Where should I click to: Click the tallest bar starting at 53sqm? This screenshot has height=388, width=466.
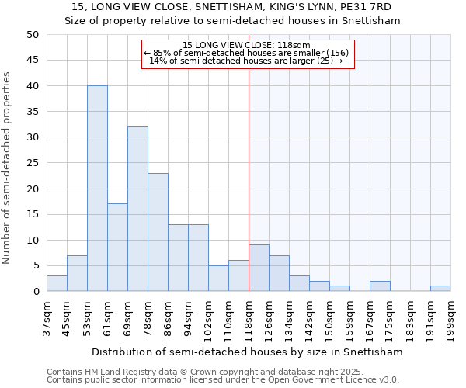[x=97, y=189]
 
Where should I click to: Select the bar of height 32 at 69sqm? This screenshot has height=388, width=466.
[x=137, y=209]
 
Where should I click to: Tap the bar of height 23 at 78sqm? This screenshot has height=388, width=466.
[x=158, y=232]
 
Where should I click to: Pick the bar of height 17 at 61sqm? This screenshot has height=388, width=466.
[x=117, y=248]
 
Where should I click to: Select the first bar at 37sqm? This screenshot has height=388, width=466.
[x=57, y=283]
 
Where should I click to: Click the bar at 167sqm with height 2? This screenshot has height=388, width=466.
[x=380, y=286]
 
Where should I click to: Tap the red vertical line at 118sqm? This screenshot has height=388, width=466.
[x=249, y=155]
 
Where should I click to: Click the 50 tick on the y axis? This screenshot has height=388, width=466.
[x=33, y=35]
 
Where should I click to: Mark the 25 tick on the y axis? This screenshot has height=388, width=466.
[x=33, y=163]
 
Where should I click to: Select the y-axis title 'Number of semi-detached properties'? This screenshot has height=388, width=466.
[x=8, y=167]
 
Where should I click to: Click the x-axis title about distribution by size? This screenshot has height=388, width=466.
[x=247, y=352]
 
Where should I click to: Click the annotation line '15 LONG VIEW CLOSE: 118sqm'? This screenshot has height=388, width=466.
[x=247, y=46]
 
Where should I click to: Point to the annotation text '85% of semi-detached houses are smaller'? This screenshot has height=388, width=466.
[x=247, y=53]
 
